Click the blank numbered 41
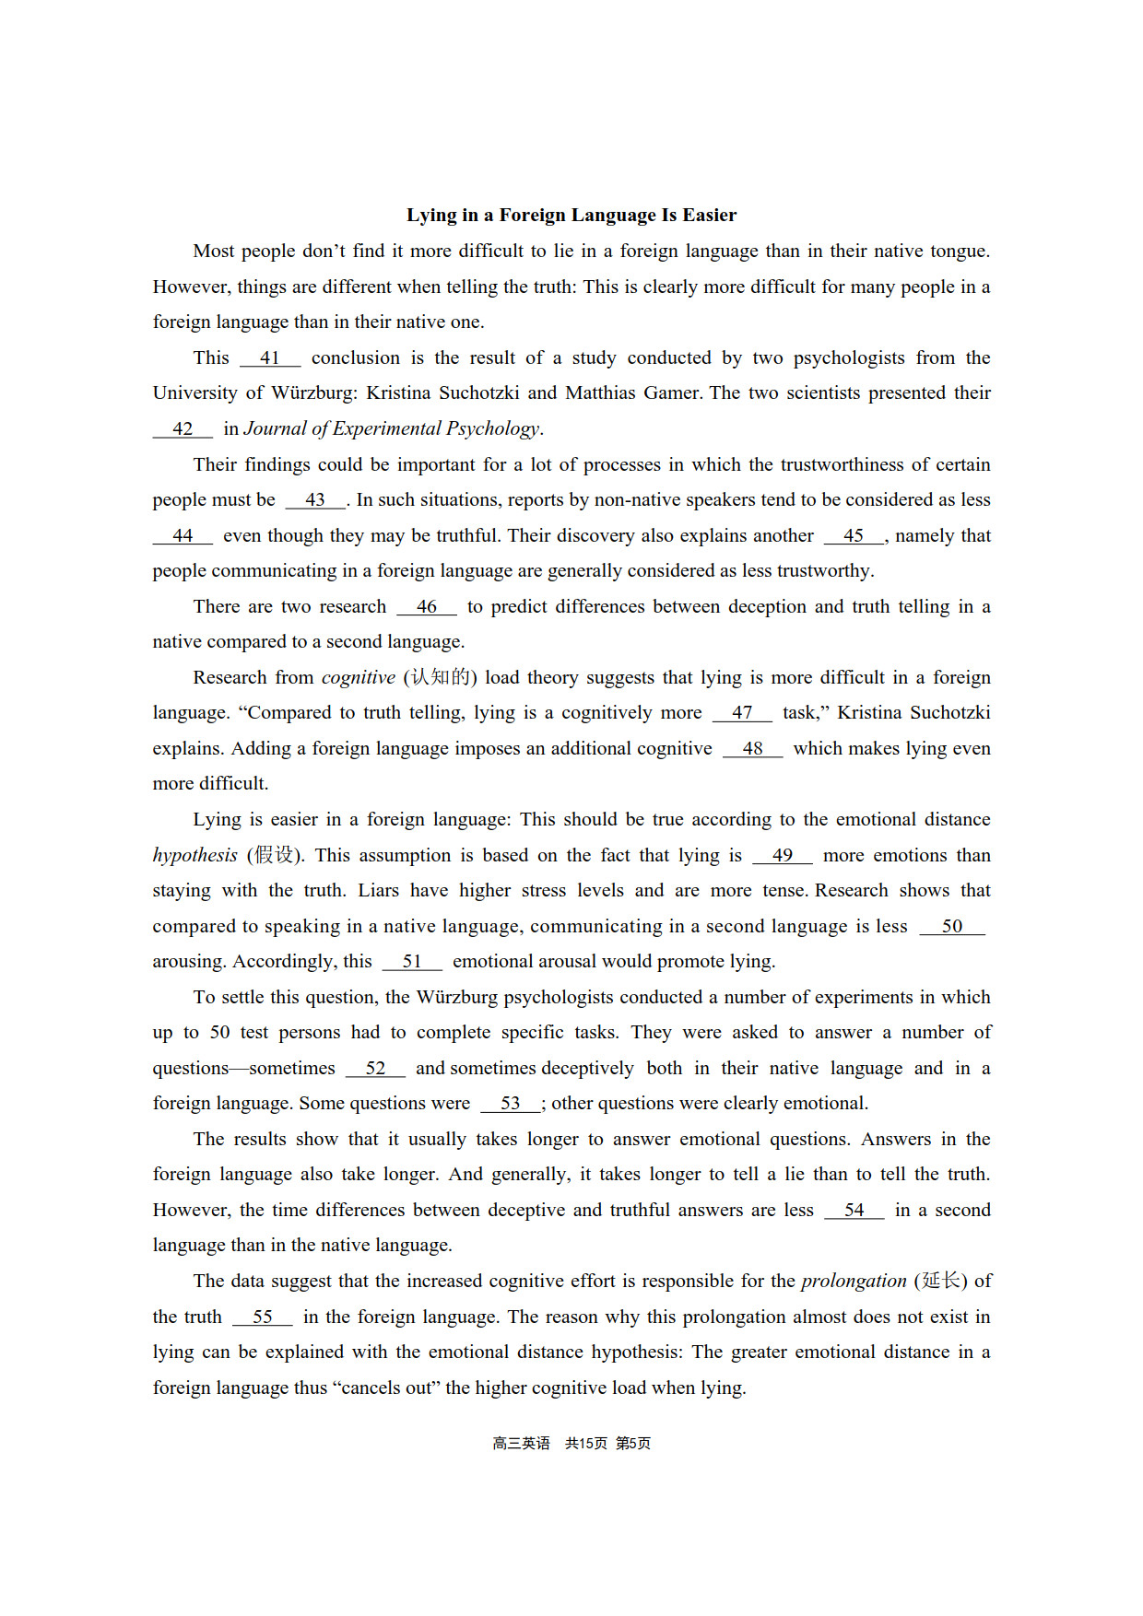click(x=270, y=358)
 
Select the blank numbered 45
click(x=854, y=536)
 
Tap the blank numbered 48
click(x=752, y=749)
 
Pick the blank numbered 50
click(x=952, y=927)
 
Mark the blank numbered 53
click(x=511, y=1104)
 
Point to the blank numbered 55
click(x=263, y=1317)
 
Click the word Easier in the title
click(x=709, y=216)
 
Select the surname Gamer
click(x=672, y=393)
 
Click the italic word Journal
click(x=276, y=429)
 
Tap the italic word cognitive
click(x=358, y=678)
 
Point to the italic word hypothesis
click(x=195, y=856)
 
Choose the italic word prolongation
click(x=854, y=1282)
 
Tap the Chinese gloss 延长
click(x=941, y=1282)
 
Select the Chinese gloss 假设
click(x=275, y=856)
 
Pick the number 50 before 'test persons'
click(x=219, y=1033)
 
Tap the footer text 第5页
click(x=633, y=1444)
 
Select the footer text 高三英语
click(x=521, y=1444)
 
